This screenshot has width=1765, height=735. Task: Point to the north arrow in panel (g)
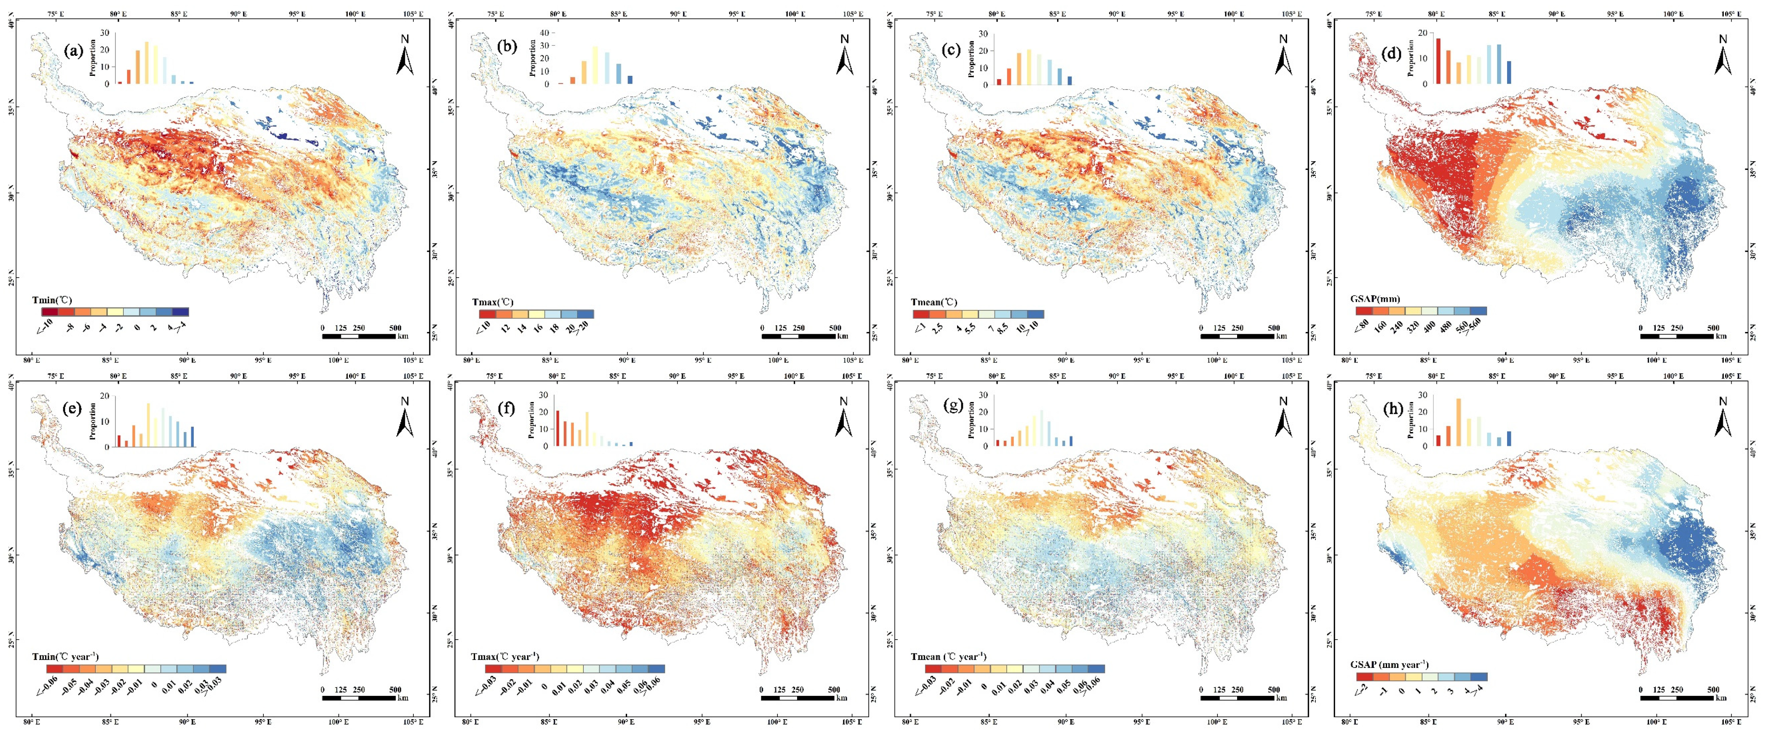click(1283, 417)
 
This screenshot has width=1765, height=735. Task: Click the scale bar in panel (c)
click(1237, 336)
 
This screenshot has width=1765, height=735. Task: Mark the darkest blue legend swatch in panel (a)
click(180, 312)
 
